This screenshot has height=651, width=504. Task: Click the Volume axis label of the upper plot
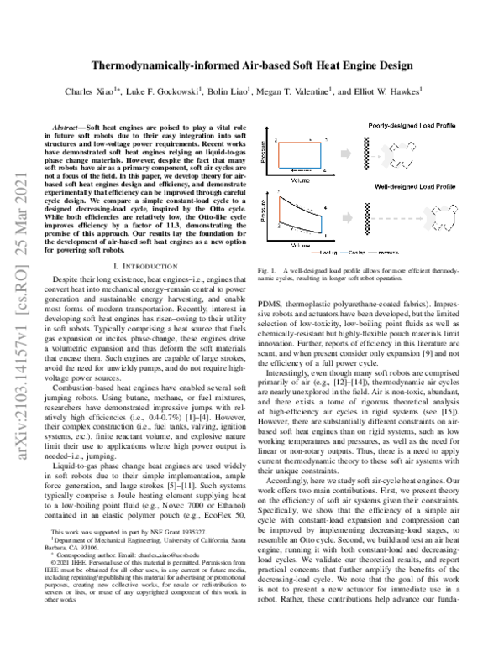coord(300,180)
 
